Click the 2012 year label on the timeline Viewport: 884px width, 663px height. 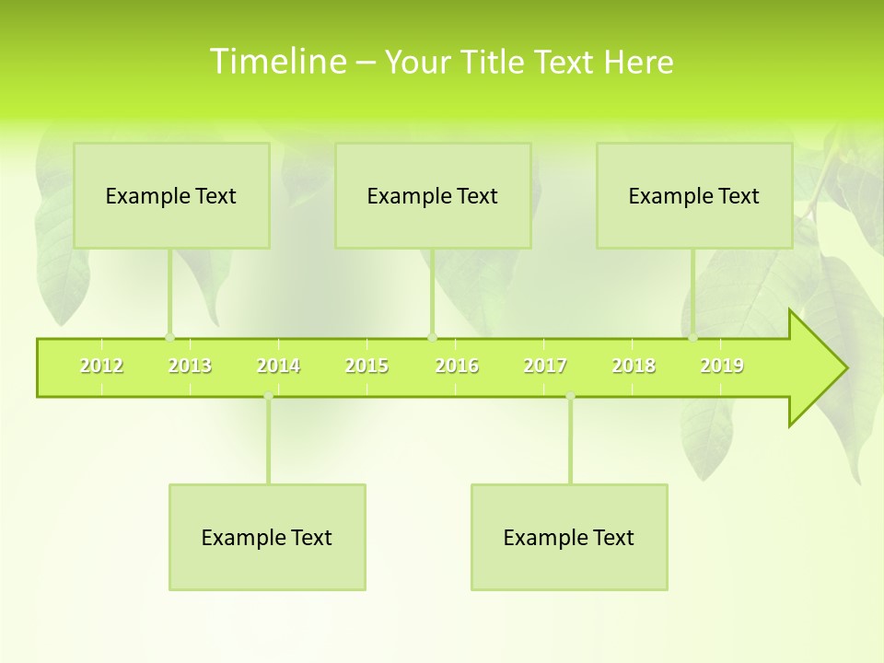pos(101,366)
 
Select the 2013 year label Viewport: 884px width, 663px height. pos(190,366)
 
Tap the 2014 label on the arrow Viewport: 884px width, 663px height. pos(278,366)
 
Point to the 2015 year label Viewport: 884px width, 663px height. pos(366,366)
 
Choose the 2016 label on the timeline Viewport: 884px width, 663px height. pos(457,366)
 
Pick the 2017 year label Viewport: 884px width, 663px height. pos(545,366)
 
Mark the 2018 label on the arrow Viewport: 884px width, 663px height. pos(634,366)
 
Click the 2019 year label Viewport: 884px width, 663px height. pos(722,366)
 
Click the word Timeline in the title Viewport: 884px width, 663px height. pos(276,61)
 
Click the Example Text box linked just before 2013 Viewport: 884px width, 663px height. pos(171,195)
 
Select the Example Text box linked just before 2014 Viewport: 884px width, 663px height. pos(267,537)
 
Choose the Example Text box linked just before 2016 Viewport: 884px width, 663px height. pos(433,195)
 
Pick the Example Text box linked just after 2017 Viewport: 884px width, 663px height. pos(569,537)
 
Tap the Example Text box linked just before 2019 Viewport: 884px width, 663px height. pos(694,195)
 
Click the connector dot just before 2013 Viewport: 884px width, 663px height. pos(169,337)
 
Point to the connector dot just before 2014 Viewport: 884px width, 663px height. pos(268,396)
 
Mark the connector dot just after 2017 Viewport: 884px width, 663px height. pos(570,396)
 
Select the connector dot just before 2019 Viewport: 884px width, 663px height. pos(693,337)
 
